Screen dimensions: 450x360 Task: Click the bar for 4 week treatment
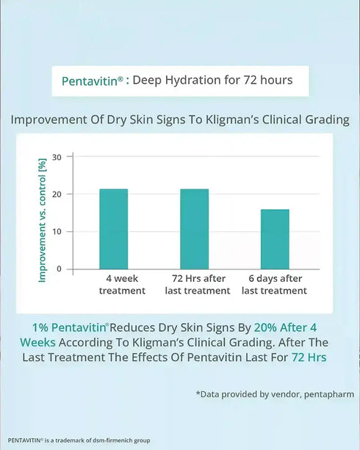[x=114, y=229]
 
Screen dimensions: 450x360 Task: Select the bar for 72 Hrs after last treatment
[x=195, y=229]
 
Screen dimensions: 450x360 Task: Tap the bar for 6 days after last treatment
[x=275, y=239]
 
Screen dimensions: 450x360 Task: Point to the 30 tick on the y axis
[x=60, y=156]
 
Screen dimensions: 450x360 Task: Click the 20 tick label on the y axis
[x=60, y=194]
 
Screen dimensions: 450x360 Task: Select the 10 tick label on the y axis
[x=60, y=231]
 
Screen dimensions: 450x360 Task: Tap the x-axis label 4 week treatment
[x=122, y=285]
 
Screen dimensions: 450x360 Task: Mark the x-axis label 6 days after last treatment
[x=274, y=285]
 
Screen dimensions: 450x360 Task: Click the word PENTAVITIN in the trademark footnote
[x=24, y=440]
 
